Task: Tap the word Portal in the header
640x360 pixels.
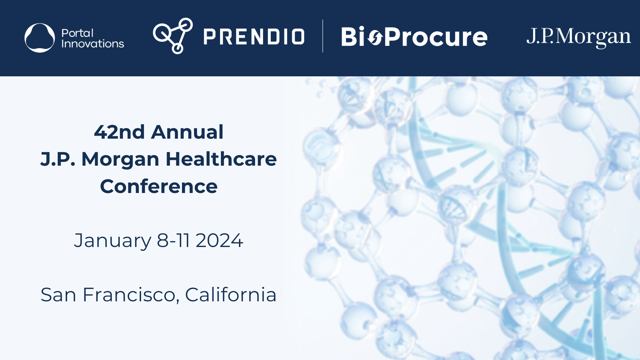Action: pos(77,33)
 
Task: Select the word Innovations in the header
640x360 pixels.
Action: pos(93,44)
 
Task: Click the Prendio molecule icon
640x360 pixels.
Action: pos(173,36)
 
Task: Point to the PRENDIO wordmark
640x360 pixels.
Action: pos(254,37)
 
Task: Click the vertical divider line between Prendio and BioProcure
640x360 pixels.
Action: pos(323,36)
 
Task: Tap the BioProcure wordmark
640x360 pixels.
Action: pos(414,37)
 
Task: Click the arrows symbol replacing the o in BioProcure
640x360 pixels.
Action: pos(375,38)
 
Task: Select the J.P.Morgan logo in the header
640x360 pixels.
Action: pos(579,38)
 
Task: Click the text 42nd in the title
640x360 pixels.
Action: pos(119,132)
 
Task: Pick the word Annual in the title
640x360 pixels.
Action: pos(187,132)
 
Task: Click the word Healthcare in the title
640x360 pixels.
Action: pos(221,159)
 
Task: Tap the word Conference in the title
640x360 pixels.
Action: pos(159,186)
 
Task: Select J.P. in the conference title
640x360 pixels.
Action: pos(58,159)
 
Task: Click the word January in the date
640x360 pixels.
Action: pos(113,241)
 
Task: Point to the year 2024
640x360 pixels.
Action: pos(219,241)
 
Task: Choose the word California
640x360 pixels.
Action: pos(231,295)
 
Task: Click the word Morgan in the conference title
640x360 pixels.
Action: pos(120,159)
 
